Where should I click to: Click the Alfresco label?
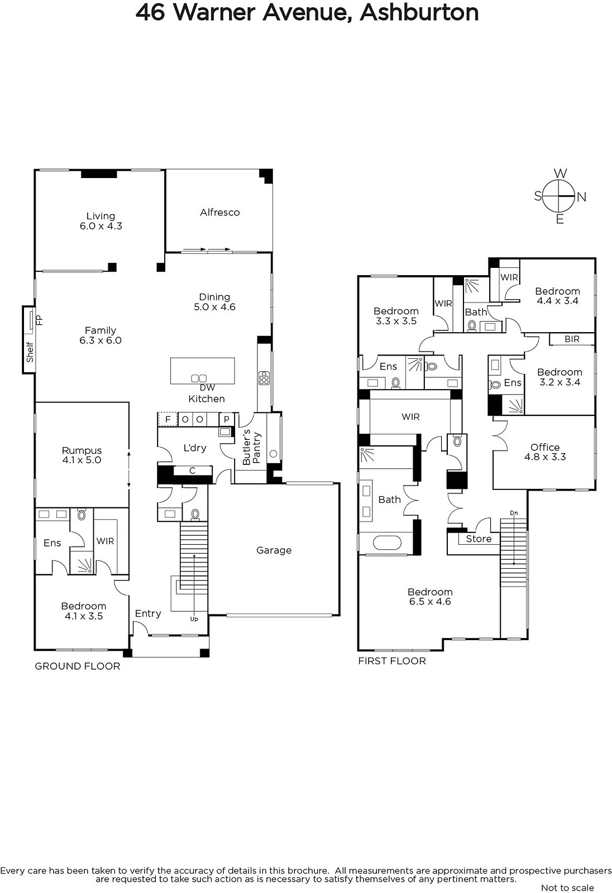[220, 213]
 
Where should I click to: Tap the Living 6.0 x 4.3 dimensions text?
[101, 226]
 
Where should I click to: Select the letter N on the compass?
[581, 197]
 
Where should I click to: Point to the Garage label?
[274, 550]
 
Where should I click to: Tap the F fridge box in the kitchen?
[168, 419]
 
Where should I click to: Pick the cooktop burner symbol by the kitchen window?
[264, 377]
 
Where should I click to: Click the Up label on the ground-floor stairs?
[194, 619]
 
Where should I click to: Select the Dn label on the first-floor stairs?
[514, 513]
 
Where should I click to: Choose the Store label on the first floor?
[479, 539]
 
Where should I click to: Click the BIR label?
[572, 339]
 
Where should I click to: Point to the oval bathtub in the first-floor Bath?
[387, 542]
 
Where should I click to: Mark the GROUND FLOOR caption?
[78, 666]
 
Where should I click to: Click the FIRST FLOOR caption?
[392, 661]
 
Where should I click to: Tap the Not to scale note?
[567, 888]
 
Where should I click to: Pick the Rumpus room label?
[82, 450]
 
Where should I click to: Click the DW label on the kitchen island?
[208, 387]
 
